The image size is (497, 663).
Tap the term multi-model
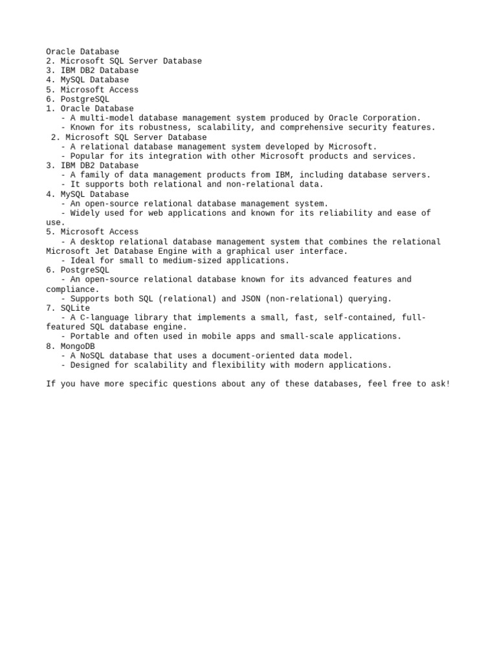click(x=107, y=118)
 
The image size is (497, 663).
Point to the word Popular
click(x=87, y=156)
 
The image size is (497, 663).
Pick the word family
click(x=94, y=175)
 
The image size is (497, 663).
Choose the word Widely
click(x=85, y=213)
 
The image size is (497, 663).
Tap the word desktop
click(x=97, y=242)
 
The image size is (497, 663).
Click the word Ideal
click(x=82, y=260)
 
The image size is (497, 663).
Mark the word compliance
click(x=71, y=289)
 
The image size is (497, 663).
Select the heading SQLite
click(x=75, y=308)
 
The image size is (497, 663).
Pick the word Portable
click(x=90, y=336)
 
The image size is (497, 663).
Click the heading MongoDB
click(x=78, y=346)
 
